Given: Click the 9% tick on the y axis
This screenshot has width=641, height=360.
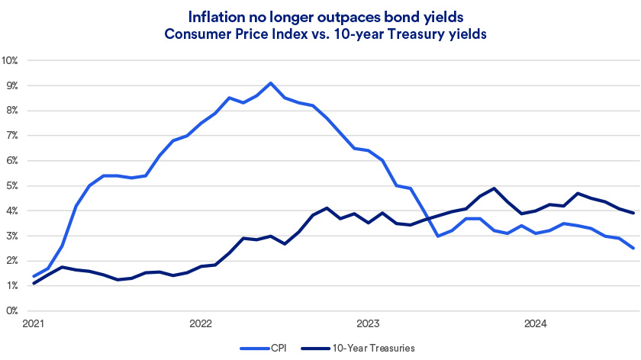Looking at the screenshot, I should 12,85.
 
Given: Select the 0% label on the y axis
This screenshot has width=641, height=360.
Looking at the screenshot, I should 12,310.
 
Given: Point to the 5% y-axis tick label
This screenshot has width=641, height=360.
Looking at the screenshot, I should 12,185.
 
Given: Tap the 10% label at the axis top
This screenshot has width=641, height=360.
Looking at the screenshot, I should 11,59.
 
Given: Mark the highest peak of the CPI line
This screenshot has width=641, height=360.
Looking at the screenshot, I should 270,82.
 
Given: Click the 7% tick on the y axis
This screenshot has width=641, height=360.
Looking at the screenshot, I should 12,135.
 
